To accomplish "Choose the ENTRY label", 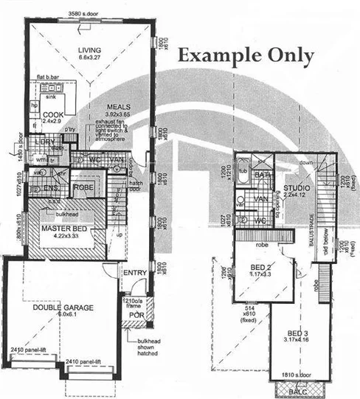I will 136,273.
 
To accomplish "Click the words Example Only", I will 246,56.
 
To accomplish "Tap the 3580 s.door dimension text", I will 83,14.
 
